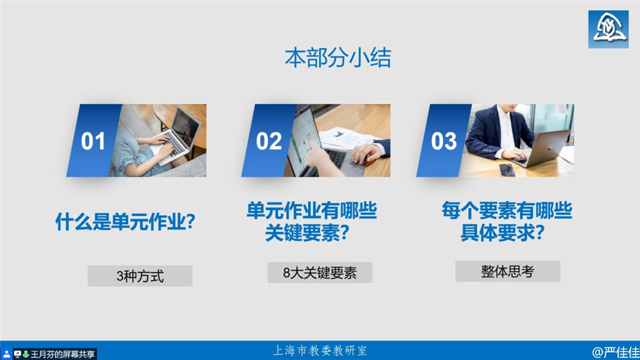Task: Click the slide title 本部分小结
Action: [x=337, y=57]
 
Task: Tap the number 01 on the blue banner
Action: [x=93, y=141]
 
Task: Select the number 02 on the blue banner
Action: [x=269, y=141]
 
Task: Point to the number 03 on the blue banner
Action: [x=444, y=141]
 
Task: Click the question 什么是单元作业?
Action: [x=125, y=222]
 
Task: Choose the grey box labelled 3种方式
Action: [x=140, y=276]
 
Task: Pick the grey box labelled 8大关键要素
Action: [x=320, y=272]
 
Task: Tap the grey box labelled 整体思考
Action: [x=507, y=271]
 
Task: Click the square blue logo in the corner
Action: [x=608, y=29]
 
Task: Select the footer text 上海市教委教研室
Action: [x=320, y=351]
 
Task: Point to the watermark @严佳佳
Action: [x=616, y=352]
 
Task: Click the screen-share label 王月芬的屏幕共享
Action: [x=62, y=354]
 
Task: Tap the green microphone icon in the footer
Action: [x=26, y=354]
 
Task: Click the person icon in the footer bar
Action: [x=6, y=354]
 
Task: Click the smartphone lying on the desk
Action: [x=507, y=169]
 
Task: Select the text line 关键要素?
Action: [x=307, y=233]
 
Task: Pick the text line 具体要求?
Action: [x=502, y=233]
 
